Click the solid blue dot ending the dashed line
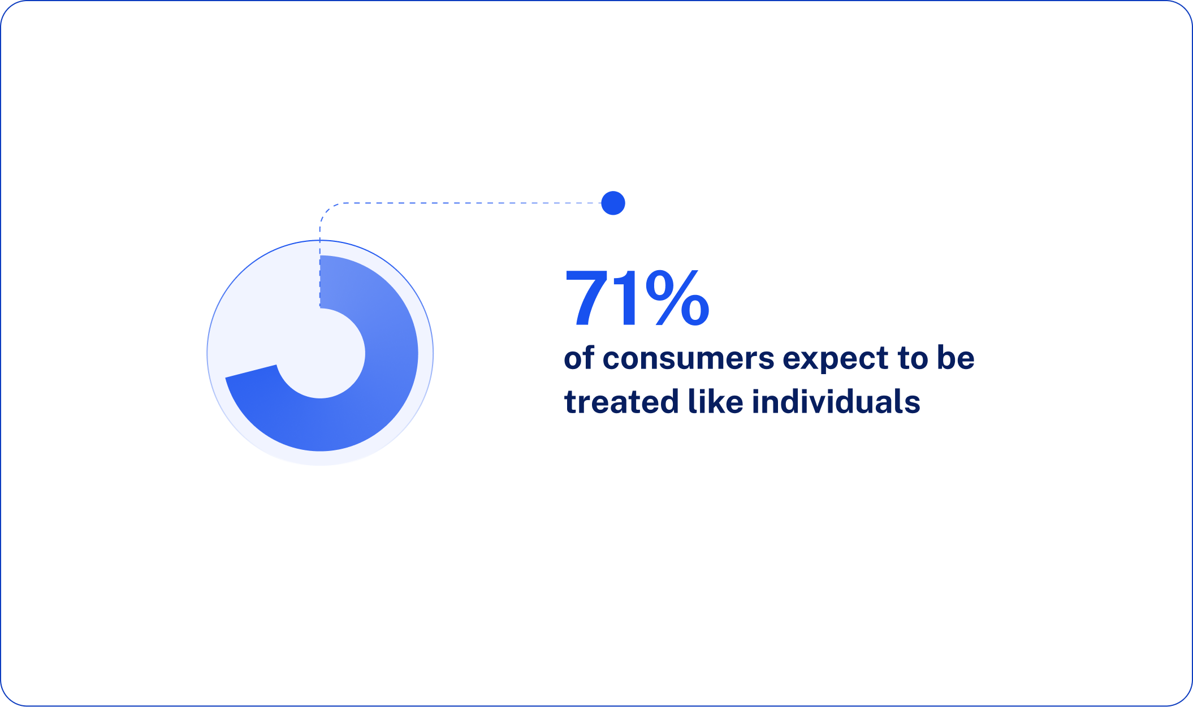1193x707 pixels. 613,203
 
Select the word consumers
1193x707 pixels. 688,359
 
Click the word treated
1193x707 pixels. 621,402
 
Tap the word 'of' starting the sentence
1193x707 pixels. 579,359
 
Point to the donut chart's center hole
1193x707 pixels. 321,354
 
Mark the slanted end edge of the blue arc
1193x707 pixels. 250,371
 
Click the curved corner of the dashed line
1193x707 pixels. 326,210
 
